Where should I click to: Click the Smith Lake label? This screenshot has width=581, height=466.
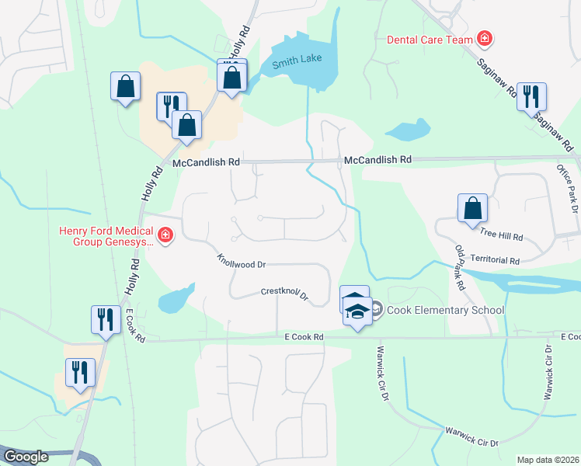[x=296, y=61]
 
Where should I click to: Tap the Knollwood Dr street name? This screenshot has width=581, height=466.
[x=242, y=260]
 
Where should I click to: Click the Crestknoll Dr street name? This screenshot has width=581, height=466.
[x=284, y=294]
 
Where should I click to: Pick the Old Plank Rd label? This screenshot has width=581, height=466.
[x=459, y=268]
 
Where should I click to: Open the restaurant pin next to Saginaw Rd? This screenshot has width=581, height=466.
[x=531, y=96]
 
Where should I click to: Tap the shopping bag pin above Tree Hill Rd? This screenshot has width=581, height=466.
[x=472, y=208]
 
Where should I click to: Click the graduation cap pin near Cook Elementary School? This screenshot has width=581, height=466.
[x=357, y=312]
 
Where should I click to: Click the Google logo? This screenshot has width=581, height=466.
[x=26, y=457]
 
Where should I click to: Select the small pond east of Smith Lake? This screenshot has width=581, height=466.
[x=408, y=130]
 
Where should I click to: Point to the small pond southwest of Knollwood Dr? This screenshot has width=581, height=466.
[x=175, y=299]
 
